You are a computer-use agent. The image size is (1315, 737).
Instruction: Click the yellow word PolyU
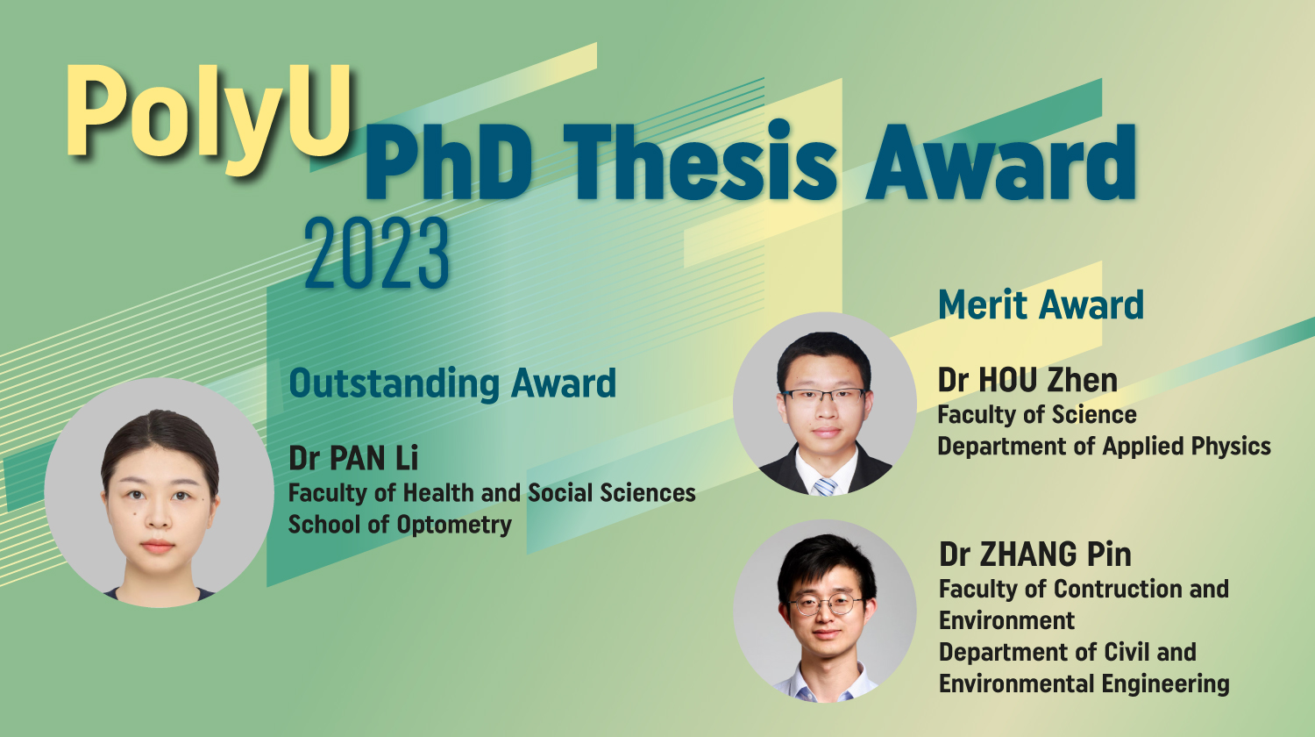209,111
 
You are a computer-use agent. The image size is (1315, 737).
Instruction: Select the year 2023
377,254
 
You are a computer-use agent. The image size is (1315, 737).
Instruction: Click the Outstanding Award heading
452,383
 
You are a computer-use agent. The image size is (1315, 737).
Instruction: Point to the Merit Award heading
1041,304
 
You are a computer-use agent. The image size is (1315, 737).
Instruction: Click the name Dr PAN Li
353,457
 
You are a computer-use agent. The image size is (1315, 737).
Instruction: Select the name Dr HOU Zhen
1027,380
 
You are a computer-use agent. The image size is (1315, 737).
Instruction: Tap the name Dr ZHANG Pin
1034,555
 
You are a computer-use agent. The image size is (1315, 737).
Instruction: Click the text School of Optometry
400,525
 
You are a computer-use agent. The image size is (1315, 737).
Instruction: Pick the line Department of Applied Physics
1104,446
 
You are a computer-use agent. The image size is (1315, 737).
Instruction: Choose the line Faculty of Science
1036,414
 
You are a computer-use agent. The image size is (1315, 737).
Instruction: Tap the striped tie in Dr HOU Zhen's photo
824,485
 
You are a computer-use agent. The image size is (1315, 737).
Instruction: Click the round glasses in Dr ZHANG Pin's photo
825,605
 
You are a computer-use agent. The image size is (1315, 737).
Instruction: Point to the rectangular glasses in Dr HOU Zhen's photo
824,396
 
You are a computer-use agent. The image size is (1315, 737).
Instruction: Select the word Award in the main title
1001,163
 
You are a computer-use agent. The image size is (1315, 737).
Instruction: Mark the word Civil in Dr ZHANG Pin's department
1127,652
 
